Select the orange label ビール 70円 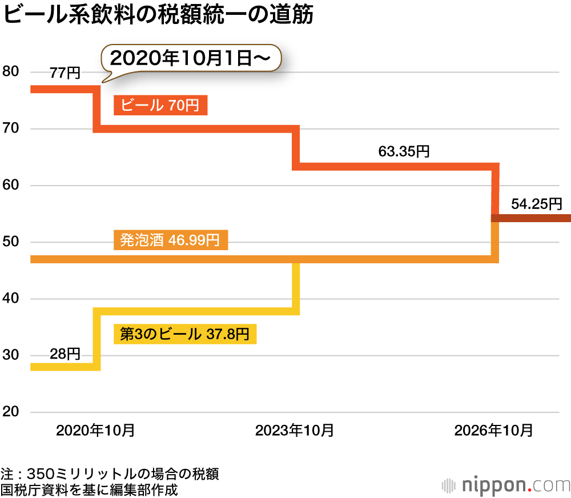point(160,105)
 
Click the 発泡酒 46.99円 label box point(171,240)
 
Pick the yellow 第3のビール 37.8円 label point(185,334)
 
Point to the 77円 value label point(65,73)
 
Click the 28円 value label point(65,354)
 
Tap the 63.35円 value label point(404,152)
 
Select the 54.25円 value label point(536,204)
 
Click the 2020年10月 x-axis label point(95,430)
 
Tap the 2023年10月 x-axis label point(295,430)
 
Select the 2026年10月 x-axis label point(493,430)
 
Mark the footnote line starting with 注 point(110,474)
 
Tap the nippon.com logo point(506,485)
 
